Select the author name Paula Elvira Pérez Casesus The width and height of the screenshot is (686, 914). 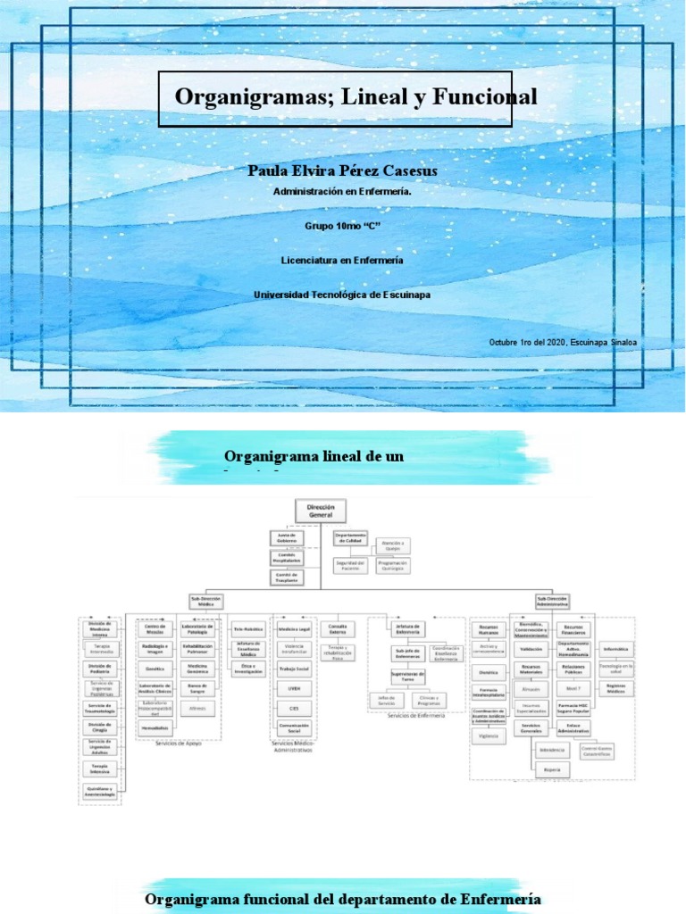click(x=343, y=170)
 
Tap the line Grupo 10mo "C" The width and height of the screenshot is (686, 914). click(x=343, y=226)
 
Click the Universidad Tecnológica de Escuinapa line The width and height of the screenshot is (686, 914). click(x=343, y=295)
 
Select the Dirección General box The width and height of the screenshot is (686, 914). click(x=320, y=511)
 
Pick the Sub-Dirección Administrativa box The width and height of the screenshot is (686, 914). click(x=554, y=602)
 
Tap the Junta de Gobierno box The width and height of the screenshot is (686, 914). click(x=287, y=538)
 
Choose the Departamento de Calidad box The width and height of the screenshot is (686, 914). click(x=351, y=538)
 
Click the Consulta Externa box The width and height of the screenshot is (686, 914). click(x=338, y=628)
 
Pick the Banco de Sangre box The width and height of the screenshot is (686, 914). click(x=197, y=688)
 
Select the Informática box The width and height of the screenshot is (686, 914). click(x=615, y=649)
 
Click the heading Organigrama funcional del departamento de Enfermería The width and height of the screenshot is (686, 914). click(x=343, y=899)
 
